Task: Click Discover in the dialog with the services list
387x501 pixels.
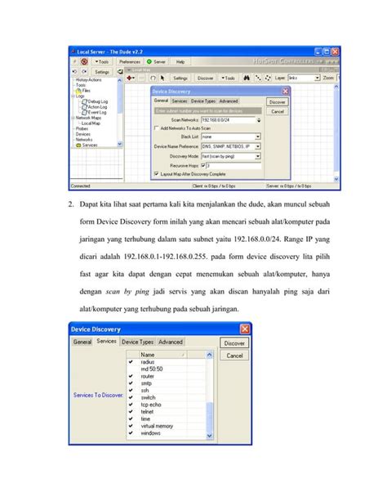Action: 234,344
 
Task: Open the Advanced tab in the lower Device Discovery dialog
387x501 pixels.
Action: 171,342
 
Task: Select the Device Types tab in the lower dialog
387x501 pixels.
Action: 137,342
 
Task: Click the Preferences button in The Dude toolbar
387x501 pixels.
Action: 130,61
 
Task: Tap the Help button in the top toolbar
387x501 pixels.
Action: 180,61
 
